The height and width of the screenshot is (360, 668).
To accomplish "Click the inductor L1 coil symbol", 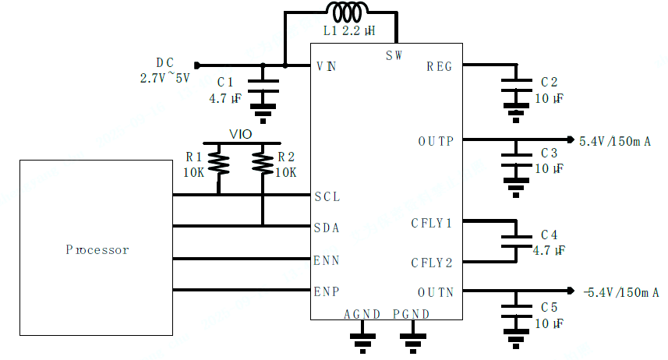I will pyautogui.click(x=343, y=13).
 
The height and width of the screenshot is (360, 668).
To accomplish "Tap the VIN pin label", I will pyautogui.click(x=327, y=66).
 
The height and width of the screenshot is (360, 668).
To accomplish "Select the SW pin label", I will pyautogui.click(x=394, y=55).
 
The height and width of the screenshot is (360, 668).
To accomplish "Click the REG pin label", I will pyautogui.click(x=440, y=66).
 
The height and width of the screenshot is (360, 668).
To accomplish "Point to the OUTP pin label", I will pyautogui.click(x=436, y=141).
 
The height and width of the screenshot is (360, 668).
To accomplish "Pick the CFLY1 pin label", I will pyautogui.click(x=432, y=224).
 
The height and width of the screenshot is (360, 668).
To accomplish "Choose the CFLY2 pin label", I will pyautogui.click(x=432, y=263).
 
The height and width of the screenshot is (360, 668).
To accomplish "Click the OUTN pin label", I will pyautogui.click(x=436, y=292).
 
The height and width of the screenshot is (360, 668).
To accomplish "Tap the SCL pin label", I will pyautogui.click(x=327, y=196).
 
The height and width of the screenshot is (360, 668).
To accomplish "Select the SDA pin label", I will pyautogui.click(x=327, y=228).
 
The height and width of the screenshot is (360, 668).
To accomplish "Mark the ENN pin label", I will pyautogui.click(x=327, y=259).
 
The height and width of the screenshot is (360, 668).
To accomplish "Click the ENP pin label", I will pyautogui.click(x=327, y=292).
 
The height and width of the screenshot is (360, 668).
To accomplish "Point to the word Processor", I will pyautogui.click(x=97, y=250).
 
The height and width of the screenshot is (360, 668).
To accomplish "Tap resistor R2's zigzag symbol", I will pyautogui.click(x=263, y=163).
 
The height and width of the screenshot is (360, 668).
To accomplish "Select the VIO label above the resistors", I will pyautogui.click(x=240, y=134).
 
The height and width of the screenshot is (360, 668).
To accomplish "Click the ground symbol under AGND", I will pyautogui.click(x=362, y=341).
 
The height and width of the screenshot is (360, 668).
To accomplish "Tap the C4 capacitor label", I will pyautogui.click(x=549, y=235).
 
